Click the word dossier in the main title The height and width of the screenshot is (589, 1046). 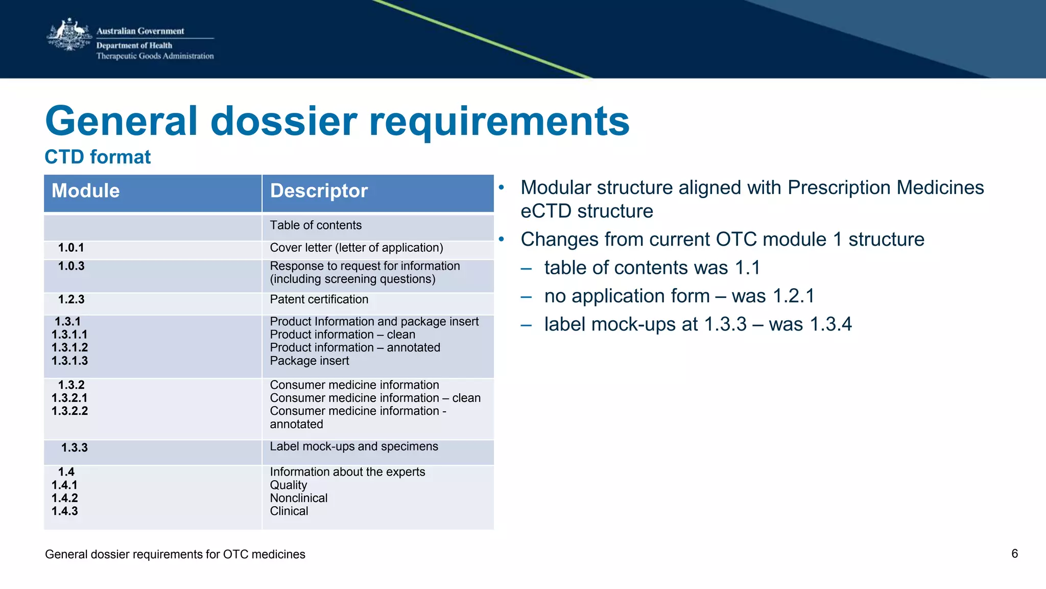[284, 121]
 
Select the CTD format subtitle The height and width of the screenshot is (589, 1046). [98, 157]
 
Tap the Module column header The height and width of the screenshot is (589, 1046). [86, 191]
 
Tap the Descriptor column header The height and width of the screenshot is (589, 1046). [319, 191]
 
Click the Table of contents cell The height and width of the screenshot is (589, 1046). [316, 225]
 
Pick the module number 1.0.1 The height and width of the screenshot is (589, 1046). [71, 248]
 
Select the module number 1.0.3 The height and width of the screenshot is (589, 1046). [71, 266]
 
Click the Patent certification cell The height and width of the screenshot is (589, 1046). [319, 299]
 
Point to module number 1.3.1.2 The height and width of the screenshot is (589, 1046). [69, 347]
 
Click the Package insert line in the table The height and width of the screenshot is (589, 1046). [309, 361]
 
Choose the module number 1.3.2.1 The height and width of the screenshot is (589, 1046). [69, 398]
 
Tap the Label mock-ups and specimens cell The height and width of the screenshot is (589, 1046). [353, 446]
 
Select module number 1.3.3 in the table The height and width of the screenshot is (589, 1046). [75, 447]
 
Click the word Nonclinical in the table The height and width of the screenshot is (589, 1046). [298, 498]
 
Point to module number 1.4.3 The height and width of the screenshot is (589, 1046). [65, 511]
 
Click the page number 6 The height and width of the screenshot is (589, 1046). [1014, 554]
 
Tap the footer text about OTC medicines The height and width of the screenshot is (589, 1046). [175, 554]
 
